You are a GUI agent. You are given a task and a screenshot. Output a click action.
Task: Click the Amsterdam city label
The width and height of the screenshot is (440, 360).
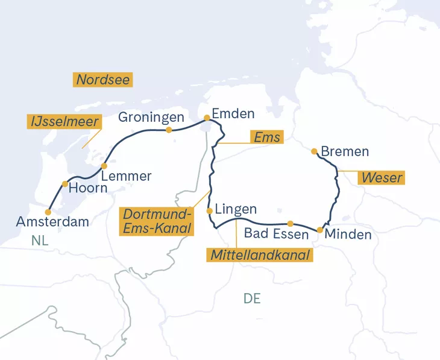pos(52,222)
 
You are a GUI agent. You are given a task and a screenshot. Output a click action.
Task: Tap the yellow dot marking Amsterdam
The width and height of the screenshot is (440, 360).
pos(48,212)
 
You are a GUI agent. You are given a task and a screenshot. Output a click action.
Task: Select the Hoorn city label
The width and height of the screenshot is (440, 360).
pos(87,188)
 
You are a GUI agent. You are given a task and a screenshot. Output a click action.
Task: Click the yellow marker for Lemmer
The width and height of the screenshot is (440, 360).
pos(104,166)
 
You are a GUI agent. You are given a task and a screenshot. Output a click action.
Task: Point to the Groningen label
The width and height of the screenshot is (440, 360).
pos(150,117)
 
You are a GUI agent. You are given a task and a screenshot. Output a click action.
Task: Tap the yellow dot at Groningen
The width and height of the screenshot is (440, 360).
pos(169,130)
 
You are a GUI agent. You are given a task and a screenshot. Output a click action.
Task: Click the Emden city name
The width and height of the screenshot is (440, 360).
pos(234,114)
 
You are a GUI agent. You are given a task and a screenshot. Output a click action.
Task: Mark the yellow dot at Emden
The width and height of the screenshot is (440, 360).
pos(207,118)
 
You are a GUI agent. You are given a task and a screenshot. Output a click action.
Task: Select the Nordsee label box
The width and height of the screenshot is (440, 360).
pos(103,80)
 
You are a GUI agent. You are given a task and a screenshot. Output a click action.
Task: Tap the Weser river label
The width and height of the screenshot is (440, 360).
pos(381,178)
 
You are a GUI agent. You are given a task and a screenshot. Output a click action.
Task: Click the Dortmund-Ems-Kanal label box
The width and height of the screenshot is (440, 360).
pos(157,221)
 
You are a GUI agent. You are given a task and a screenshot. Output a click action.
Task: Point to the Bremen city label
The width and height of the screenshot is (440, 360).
pos(345,151)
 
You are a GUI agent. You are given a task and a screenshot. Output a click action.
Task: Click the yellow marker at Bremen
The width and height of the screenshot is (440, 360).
pos(313,151)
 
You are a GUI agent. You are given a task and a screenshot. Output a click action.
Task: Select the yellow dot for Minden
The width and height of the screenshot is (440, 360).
pos(319,230)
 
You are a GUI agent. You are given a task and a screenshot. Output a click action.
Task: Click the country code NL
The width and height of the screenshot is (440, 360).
pos(40,240)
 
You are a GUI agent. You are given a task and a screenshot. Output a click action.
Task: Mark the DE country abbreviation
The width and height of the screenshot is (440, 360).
pos(252,298)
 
